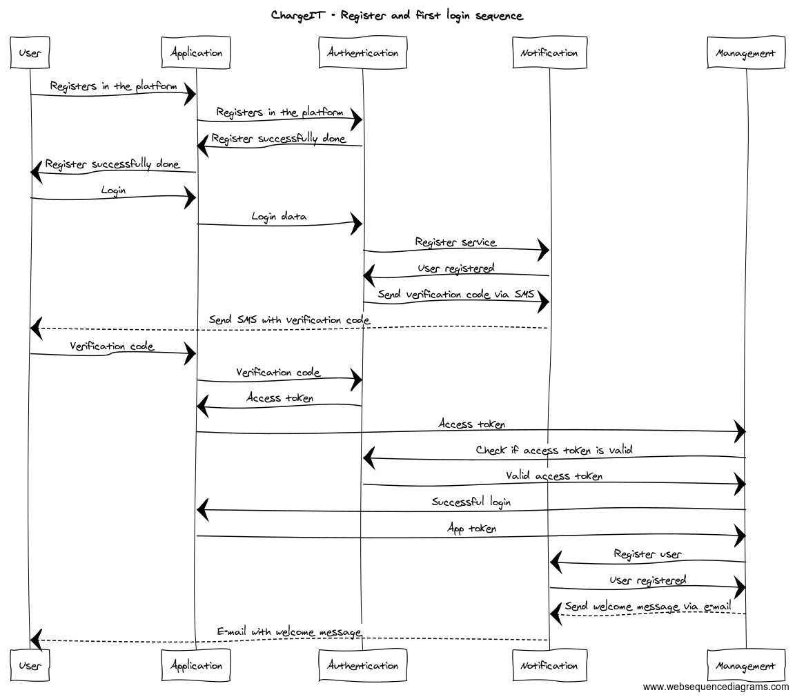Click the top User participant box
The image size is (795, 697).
click(x=30, y=53)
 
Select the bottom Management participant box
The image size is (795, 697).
click(x=746, y=666)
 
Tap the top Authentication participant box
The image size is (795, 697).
click(x=363, y=53)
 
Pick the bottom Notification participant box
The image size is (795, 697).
click(x=549, y=666)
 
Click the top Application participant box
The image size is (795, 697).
click(x=196, y=53)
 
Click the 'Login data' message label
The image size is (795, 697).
click(x=279, y=216)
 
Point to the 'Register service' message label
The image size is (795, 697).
click(x=455, y=242)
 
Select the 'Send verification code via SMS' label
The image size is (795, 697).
click(x=455, y=294)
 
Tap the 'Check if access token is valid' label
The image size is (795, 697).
click(x=554, y=450)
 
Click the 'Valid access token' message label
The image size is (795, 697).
click(x=554, y=475)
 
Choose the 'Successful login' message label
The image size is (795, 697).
click(x=471, y=502)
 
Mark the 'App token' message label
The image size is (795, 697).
click(x=471, y=529)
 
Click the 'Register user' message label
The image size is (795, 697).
click(x=647, y=553)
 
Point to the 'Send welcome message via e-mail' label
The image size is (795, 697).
click(x=647, y=607)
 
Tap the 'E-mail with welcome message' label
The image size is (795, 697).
click(x=289, y=631)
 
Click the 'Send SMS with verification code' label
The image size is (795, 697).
click(x=289, y=320)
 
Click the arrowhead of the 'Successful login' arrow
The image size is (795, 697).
click(x=202, y=511)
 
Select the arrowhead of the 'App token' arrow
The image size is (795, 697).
click(x=740, y=536)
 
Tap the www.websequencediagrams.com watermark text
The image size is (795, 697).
click(x=716, y=687)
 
